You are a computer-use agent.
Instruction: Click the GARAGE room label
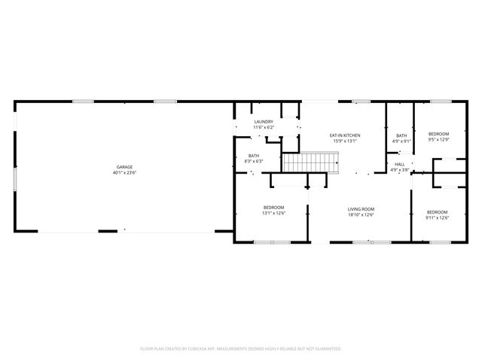(x=125, y=166)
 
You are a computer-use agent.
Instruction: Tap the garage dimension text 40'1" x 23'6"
(x=125, y=173)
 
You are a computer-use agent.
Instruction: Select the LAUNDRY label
(x=264, y=122)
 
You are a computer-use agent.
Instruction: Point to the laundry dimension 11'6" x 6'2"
(x=264, y=128)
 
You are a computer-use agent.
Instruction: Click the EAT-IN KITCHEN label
(x=345, y=135)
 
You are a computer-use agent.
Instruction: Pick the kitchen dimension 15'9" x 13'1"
(x=345, y=141)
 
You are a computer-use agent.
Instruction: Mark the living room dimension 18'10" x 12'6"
(x=361, y=215)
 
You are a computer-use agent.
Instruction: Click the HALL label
(x=400, y=164)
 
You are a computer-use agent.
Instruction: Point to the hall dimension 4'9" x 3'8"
(x=400, y=170)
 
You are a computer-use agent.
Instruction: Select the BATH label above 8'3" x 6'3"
(x=254, y=156)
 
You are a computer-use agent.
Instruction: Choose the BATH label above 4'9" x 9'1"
(x=401, y=135)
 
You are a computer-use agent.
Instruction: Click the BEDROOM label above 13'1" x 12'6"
(x=273, y=208)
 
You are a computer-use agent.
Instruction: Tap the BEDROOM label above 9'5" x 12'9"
(x=438, y=133)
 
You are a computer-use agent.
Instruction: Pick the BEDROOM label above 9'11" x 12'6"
(x=438, y=212)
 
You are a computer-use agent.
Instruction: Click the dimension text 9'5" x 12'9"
(x=438, y=139)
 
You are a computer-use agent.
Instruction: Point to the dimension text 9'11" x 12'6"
(x=438, y=218)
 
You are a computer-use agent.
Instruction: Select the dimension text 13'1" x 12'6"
(x=273, y=214)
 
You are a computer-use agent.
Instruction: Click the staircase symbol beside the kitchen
(x=310, y=162)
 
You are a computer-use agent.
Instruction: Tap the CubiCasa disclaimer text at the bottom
(x=241, y=349)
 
